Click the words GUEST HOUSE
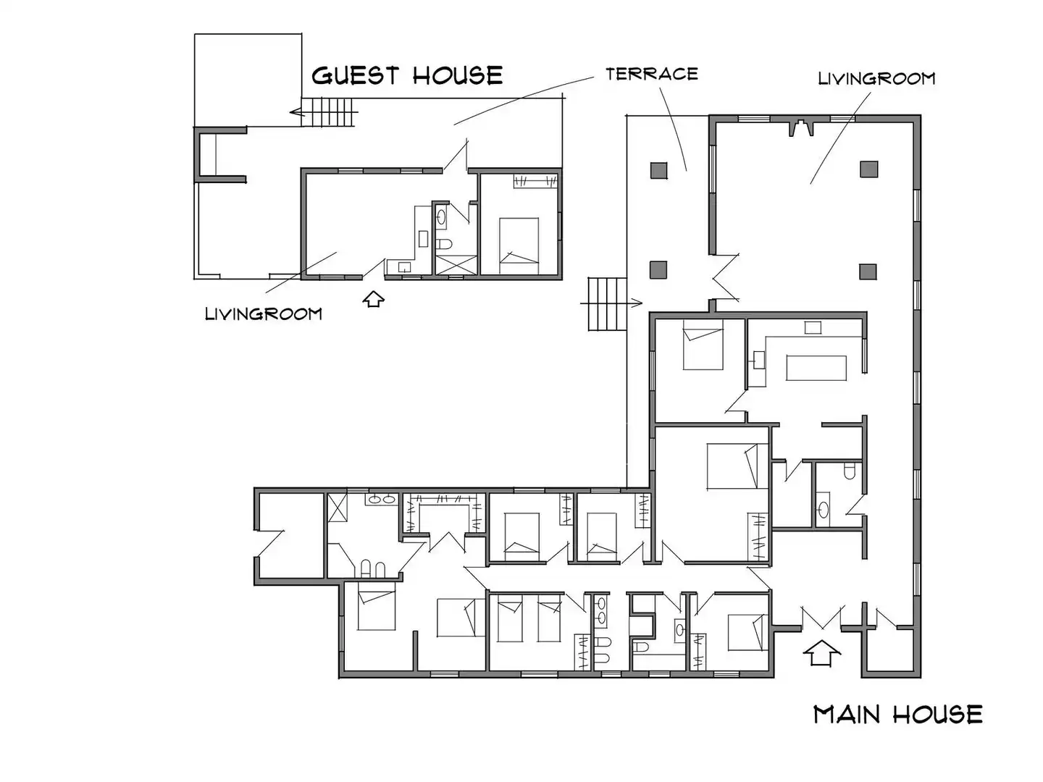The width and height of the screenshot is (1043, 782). [x=407, y=75]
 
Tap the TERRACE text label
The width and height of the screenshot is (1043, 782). [x=651, y=74]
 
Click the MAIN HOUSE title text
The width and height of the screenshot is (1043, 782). [x=897, y=715]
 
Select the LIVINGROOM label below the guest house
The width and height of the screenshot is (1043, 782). [x=263, y=314]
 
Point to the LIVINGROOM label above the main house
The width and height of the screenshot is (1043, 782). [x=876, y=78]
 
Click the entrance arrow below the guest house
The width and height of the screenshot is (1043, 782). [x=374, y=299]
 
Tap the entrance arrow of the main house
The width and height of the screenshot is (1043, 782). [x=821, y=654]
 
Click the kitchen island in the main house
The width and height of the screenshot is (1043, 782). [x=816, y=368]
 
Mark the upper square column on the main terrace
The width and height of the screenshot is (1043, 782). [x=658, y=170]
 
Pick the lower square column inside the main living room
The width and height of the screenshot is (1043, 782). [x=868, y=272]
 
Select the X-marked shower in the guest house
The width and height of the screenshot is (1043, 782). [x=456, y=265]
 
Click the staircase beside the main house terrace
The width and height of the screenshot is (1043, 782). [x=607, y=304]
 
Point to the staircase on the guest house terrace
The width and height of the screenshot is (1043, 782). [x=328, y=112]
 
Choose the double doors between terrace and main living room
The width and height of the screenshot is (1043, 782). [x=724, y=278]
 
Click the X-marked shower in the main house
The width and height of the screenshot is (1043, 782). [x=338, y=508]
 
